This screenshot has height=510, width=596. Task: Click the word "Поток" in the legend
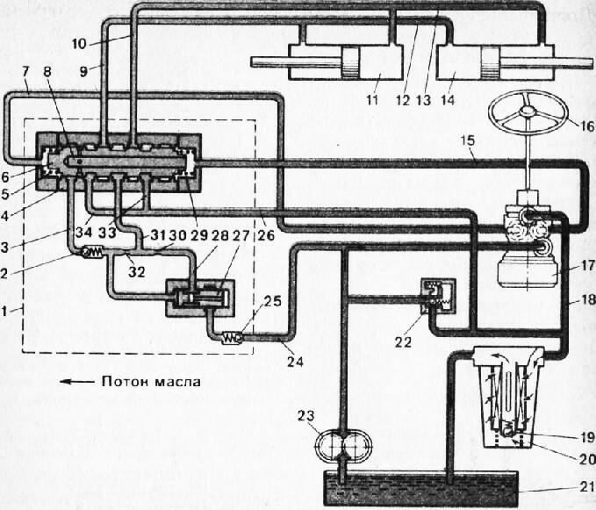(125, 383)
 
